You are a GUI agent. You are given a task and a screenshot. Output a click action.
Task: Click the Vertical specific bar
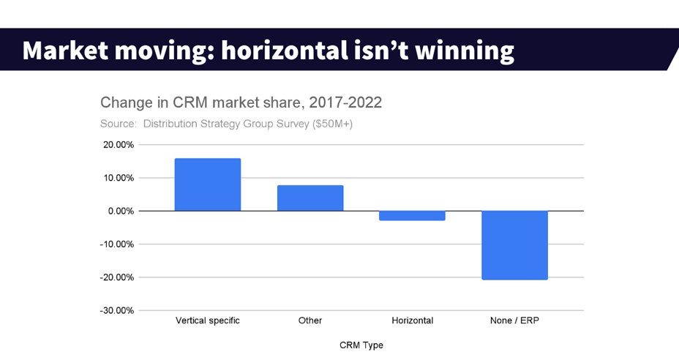click(208, 184)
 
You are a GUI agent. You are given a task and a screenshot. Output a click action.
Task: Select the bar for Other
click(310, 198)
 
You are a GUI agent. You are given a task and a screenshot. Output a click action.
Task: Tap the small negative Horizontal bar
click(413, 215)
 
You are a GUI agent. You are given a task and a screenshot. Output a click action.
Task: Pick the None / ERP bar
click(515, 245)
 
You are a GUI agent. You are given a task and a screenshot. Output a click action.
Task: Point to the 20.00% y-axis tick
click(118, 145)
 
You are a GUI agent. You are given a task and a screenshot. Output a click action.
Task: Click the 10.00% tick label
click(118, 178)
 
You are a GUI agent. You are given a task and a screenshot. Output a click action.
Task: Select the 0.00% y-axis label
click(120, 211)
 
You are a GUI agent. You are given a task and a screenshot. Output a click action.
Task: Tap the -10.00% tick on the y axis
click(117, 244)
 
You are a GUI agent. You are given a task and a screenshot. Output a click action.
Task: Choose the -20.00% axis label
click(117, 277)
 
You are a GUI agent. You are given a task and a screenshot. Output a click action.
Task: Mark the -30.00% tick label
click(117, 310)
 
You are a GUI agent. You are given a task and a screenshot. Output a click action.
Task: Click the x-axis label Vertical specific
click(208, 320)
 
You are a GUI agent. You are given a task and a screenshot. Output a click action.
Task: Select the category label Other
click(310, 320)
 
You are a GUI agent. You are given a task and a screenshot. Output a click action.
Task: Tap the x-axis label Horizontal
click(413, 320)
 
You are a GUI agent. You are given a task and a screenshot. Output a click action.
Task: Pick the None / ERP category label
click(515, 320)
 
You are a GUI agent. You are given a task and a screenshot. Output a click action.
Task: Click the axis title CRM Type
click(361, 345)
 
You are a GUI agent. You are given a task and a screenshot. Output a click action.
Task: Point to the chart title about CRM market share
click(241, 102)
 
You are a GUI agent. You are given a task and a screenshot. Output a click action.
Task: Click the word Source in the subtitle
click(117, 124)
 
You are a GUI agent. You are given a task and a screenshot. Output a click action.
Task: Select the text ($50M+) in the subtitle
click(332, 124)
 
